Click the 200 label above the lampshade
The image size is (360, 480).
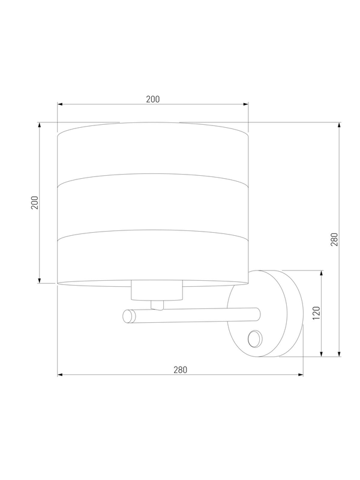pos(153,99)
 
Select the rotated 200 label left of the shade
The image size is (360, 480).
pos(35,202)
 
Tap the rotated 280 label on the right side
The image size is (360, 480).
pos(334,239)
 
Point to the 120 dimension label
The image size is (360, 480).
pos(317,313)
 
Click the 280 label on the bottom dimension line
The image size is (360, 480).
pos(181,370)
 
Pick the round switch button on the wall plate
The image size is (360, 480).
pos(254,339)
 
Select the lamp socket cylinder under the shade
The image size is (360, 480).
pos(157,290)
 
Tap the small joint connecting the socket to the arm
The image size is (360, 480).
pos(157,305)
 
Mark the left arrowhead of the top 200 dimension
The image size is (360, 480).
pos(60,104)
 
